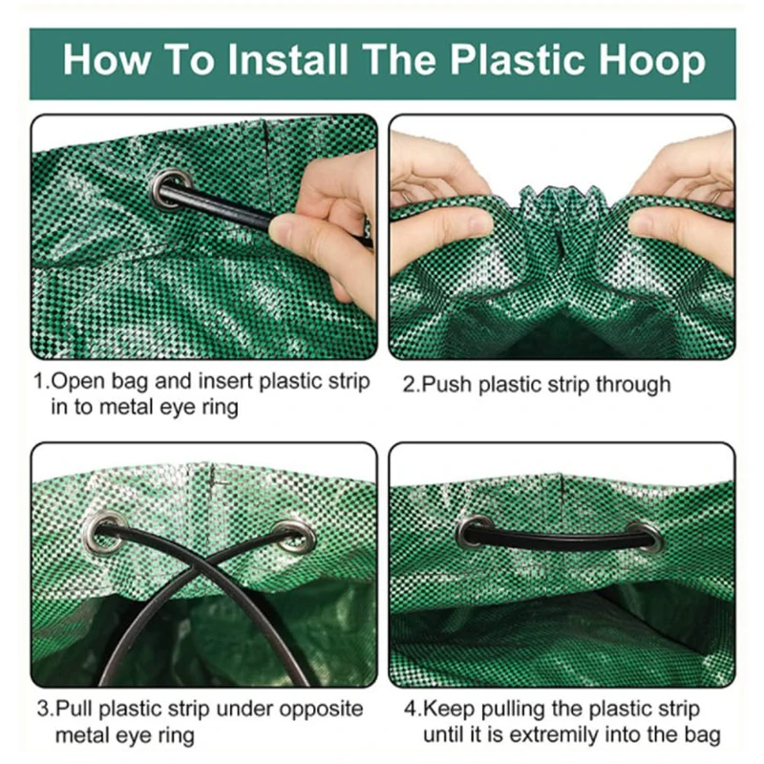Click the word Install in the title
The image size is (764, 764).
point(288,60)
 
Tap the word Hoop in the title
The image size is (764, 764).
point(652,61)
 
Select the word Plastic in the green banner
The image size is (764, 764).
point(517,60)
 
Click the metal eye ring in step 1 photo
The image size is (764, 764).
point(171,188)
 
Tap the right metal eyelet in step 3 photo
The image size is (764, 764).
point(294,536)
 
